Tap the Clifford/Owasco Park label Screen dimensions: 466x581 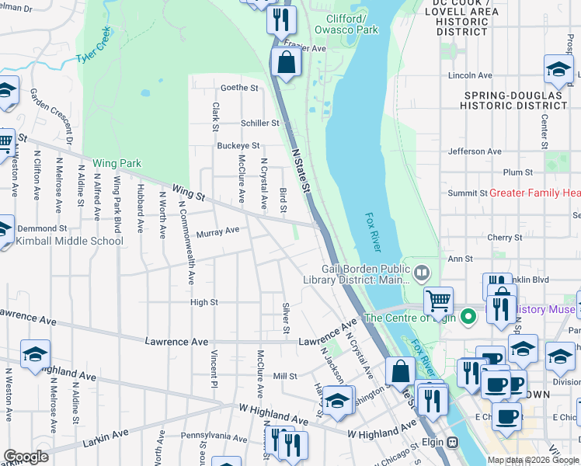pos(346,24)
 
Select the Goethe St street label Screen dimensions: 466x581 pos(239,88)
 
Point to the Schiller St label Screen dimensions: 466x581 pos(259,123)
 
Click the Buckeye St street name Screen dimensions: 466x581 pos(238,145)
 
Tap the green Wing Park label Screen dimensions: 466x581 pos(117,163)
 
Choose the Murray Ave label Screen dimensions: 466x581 pos(217,231)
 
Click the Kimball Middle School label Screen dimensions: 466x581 pos(70,241)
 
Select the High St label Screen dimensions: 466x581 pos(204,302)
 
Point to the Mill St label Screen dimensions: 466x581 pos(285,376)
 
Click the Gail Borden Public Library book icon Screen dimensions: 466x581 pos(421,272)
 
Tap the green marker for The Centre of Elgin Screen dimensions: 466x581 pos(468,317)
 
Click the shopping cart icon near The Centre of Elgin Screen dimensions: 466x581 pos(439,299)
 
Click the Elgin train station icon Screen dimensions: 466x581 pos(453,442)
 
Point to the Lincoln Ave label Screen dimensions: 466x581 pos(470,75)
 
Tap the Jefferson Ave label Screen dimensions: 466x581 pos(475,151)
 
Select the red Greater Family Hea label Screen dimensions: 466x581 pos(534,193)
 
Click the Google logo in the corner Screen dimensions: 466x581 pos(26,457)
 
